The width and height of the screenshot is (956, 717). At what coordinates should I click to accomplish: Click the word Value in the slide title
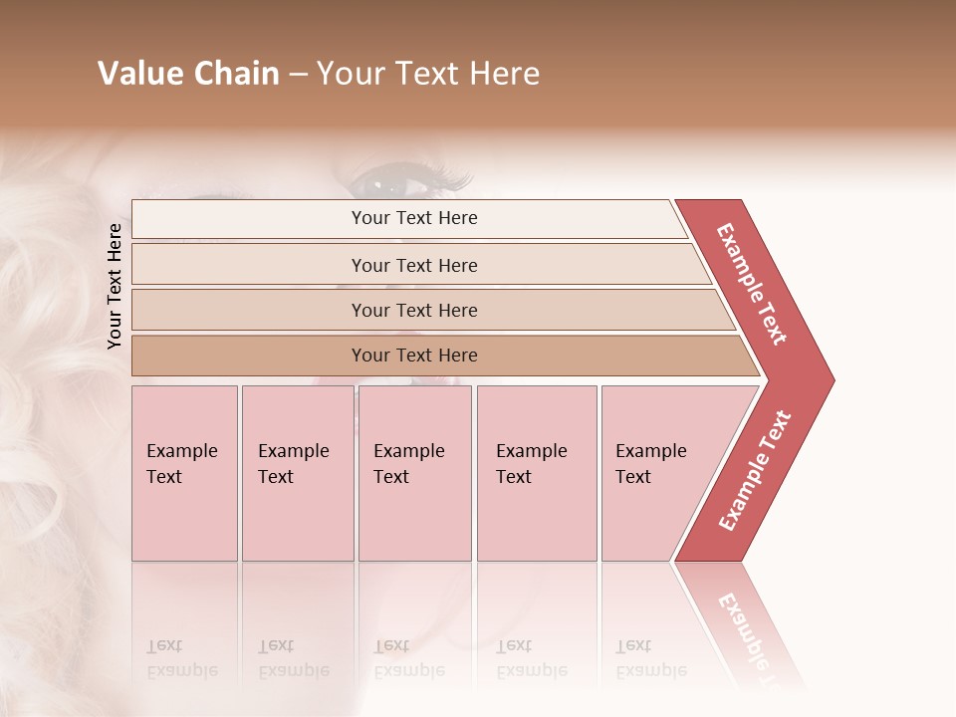pos(136,74)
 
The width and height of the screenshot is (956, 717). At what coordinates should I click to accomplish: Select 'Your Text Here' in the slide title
pos(428,74)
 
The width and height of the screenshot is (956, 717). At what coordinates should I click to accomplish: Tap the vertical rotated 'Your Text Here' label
pos(115,286)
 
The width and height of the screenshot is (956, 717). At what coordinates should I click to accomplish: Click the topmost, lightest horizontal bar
pos(413,218)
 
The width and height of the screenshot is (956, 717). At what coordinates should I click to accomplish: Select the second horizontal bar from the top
pos(413,265)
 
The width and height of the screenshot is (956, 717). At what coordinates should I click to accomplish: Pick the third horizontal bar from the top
pos(413,310)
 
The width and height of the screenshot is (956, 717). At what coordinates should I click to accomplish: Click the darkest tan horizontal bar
pos(413,356)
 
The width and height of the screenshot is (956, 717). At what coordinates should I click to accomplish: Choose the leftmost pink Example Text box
pos(184,473)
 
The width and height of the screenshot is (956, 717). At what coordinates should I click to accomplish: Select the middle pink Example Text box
pos(414,473)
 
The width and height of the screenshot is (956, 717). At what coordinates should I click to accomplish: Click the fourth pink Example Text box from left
pos(537,473)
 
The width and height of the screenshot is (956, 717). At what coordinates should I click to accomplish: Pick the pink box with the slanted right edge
pos(657,473)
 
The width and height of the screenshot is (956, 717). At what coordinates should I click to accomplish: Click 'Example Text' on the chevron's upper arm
pos(752,284)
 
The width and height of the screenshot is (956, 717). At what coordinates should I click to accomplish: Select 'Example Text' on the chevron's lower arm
pos(754,471)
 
